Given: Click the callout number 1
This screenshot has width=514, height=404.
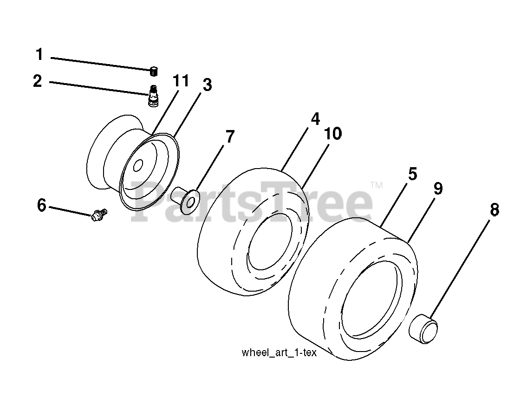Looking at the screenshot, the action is click(39, 55).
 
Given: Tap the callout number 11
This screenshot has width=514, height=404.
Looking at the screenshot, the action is click(181, 81).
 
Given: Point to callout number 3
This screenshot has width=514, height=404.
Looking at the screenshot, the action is click(207, 85).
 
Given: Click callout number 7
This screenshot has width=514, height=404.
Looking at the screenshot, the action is click(229, 137).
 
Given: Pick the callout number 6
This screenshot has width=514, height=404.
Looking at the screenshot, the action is click(42, 205).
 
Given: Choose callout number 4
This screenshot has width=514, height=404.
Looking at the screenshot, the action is click(315, 119).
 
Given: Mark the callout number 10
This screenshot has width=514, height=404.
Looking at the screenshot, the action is click(333, 134).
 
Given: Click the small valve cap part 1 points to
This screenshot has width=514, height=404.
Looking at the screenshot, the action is click(153, 72).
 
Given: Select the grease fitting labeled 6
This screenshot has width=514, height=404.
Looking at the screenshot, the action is click(99, 215).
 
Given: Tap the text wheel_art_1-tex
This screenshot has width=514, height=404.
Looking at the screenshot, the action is click(279, 352).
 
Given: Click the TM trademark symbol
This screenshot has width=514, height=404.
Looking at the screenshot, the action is click(376, 185).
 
